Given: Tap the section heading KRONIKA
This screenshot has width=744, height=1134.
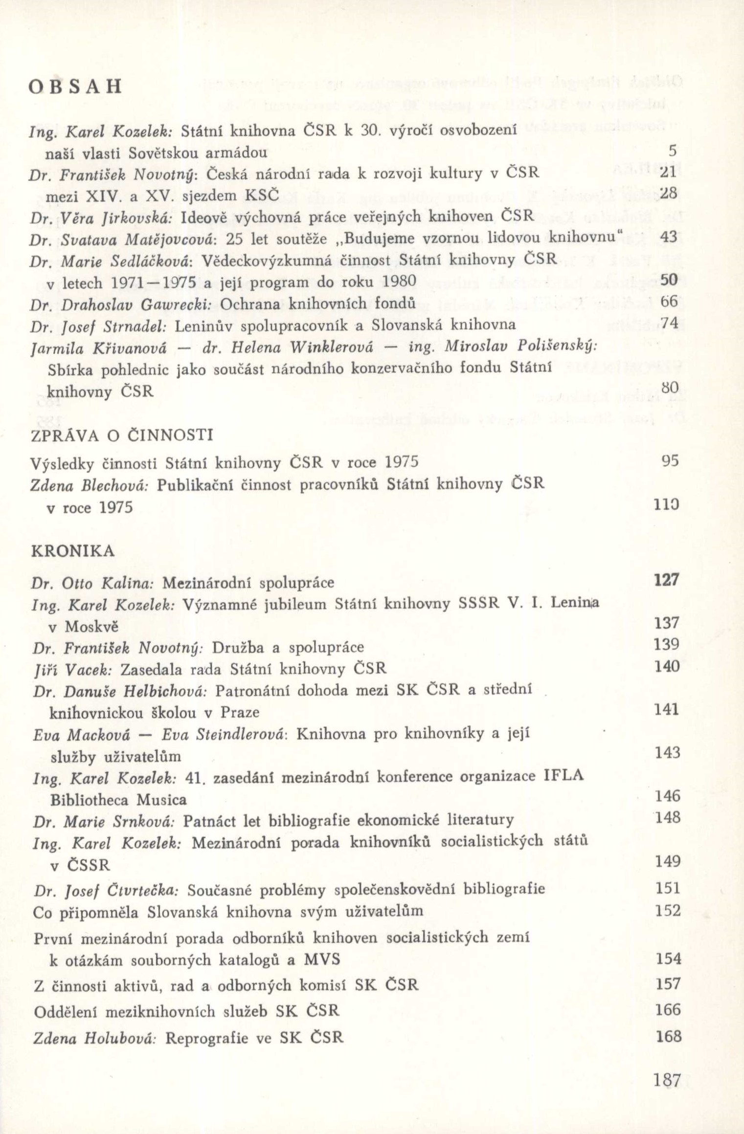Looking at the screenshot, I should click(73, 551).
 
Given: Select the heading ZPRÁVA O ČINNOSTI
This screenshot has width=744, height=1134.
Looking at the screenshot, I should click(122, 435).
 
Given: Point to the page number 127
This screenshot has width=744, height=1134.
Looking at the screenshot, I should click(666, 580).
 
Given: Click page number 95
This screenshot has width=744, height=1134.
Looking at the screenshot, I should click(670, 461).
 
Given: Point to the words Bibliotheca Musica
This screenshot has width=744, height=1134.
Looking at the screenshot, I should click(118, 800).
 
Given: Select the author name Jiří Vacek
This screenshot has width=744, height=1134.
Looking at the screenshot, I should click(73, 669).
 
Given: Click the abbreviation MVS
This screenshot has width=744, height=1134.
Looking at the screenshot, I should click(322, 959).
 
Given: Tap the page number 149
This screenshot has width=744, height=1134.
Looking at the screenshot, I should click(668, 861).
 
